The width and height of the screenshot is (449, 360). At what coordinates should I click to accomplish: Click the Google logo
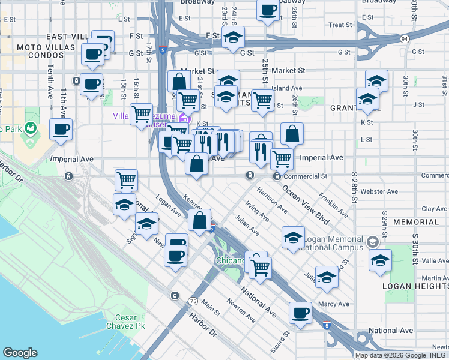click(x=20, y=353)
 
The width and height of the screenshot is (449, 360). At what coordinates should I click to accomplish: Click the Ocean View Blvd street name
click(x=306, y=205)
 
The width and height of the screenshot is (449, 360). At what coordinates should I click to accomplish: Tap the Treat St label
click(x=340, y=25)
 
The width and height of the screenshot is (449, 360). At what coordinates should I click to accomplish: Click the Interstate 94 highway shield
click(x=405, y=39)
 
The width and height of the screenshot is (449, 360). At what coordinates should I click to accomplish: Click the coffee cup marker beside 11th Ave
click(x=61, y=129)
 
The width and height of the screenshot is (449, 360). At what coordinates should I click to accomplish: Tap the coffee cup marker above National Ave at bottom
click(x=300, y=313)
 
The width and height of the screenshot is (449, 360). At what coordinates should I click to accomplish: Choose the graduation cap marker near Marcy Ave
click(x=327, y=277)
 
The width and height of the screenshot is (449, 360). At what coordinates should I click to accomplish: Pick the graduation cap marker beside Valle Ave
click(x=380, y=260)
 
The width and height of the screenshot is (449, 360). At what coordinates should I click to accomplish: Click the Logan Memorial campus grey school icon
click(x=373, y=242)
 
